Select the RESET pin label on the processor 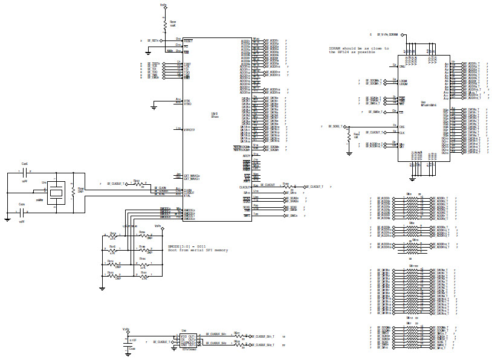point(188,40)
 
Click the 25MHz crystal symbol point(56,191)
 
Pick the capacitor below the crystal point(23,212)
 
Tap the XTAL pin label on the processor point(188,195)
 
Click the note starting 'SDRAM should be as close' point(359,48)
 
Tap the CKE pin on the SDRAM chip point(401,126)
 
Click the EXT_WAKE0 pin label point(192,176)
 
